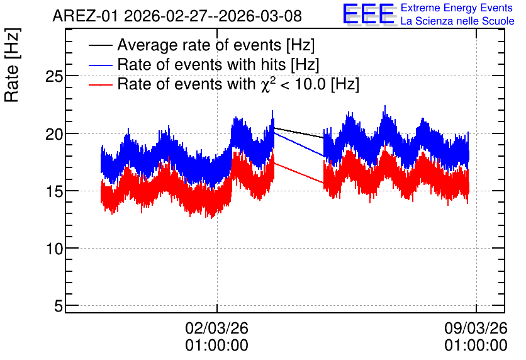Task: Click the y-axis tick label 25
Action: pyautogui.click(x=54, y=77)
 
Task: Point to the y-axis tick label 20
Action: pyautogui.click(x=54, y=134)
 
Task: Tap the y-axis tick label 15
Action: pyautogui.click(x=54, y=191)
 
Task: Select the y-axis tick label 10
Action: pyautogui.click(x=54, y=249)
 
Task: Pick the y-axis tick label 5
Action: pyautogui.click(x=59, y=307)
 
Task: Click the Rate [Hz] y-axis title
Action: pyautogui.click(x=12, y=65)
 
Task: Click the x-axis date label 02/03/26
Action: pyautogui.click(x=216, y=328)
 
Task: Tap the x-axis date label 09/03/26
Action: pyautogui.click(x=476, y=328)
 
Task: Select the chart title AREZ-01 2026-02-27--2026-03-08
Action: pyautogui.click(x=177, y=16)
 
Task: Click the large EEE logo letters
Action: pyautogui.click(x=369, y=14)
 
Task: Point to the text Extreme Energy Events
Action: pyautogui.click(x=457, y=8)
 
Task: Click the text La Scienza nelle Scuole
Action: pyautogui.click(x=457, y=21)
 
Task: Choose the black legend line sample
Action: pyautogui.click(x=100, y=45)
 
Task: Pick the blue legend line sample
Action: pyautogui.click(x=100, y=65)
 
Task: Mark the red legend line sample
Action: pyautogui.click(x=100, y=84)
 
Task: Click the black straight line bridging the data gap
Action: pyautogui.click(x=299, y=133)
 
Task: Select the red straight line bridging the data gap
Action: pyautogui.click(x=299, y=173)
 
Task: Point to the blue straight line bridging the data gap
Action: pyautogui.click(x=299, y=145)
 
